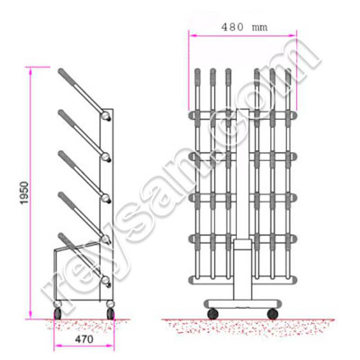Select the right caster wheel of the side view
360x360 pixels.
[x=111, y=311]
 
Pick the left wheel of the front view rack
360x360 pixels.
[x=213, y=312]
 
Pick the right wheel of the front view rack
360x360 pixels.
[x=274, y=312]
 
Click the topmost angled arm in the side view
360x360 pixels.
[x=83, y=91]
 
